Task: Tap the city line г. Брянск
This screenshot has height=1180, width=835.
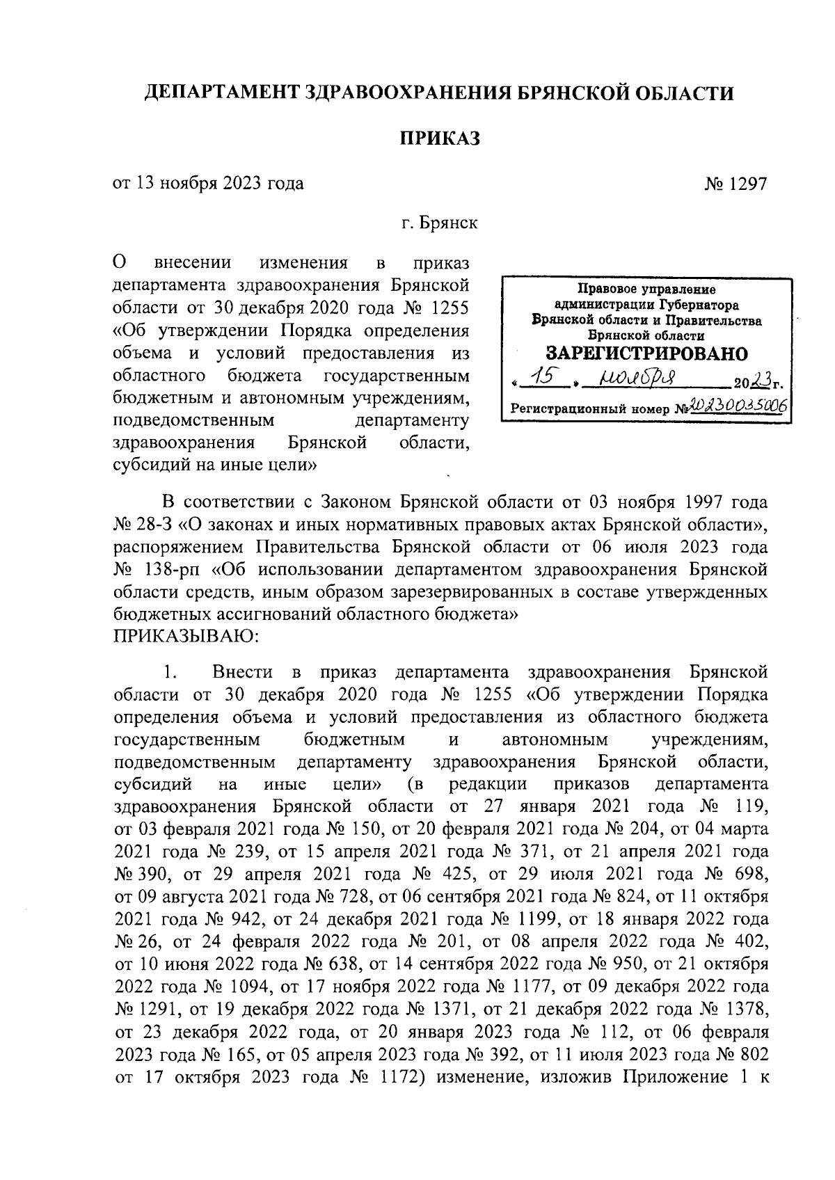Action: point(438,224)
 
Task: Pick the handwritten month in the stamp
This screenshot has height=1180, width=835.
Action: point(630,379)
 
